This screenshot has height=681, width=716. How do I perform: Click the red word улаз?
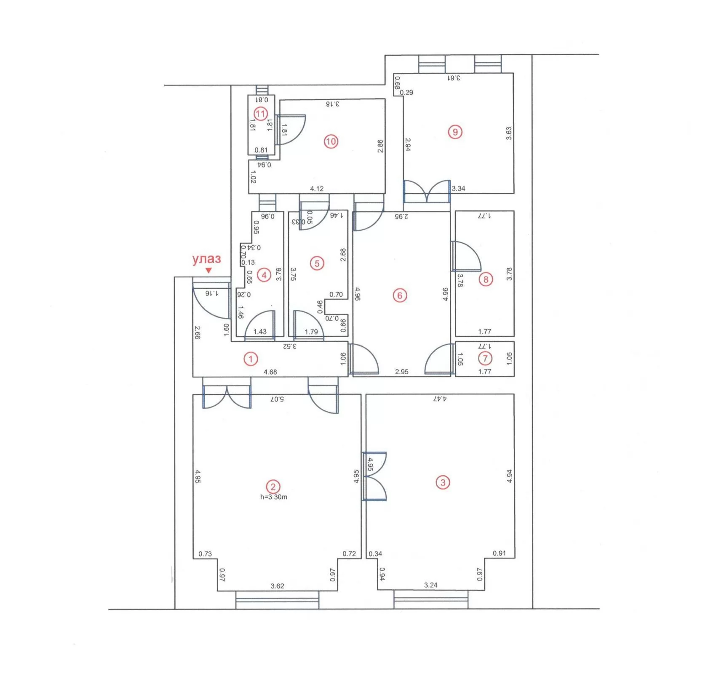pyautogui.click(x=206, y=259)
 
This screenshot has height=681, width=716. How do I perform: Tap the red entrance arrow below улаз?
pyautogui.click(x=208, y=271)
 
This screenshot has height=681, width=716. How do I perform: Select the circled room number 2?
pyautogui.click(x=273, y=487)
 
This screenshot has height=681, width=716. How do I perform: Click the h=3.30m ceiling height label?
pyautogui.click(x=274, y=497)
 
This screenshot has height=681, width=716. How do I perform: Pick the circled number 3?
pyautogui.click(x=443, y=482)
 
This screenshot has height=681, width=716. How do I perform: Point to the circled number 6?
pyautogui.click(x=400, y=295)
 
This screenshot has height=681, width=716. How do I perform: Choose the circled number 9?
pyautogui.click(x=455, y=132)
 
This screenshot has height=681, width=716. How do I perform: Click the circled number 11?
pyautogui.click(x=261, y=114)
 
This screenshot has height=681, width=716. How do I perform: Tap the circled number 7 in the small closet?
pyautogui.click(x=485, y=359)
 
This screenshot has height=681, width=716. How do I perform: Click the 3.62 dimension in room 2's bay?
pyautogui.click(x=277, y=586)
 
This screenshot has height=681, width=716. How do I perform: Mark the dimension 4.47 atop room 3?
pyautogui.click(x=439, y=399)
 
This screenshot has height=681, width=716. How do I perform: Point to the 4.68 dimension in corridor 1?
pyautogui.click(x=270, y=372)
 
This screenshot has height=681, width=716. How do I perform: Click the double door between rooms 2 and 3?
pyautogui.click(x=374, y=476)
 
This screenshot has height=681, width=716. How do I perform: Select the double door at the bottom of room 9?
pyautogui.click(x=427, y=192)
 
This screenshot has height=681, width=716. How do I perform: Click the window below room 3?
pyautogui.click(x=430, y=599)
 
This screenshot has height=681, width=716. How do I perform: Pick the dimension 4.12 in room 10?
pyautogui.click(x=317, y=189)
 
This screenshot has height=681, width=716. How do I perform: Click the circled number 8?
pyautogui.click(x=486, y=279)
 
